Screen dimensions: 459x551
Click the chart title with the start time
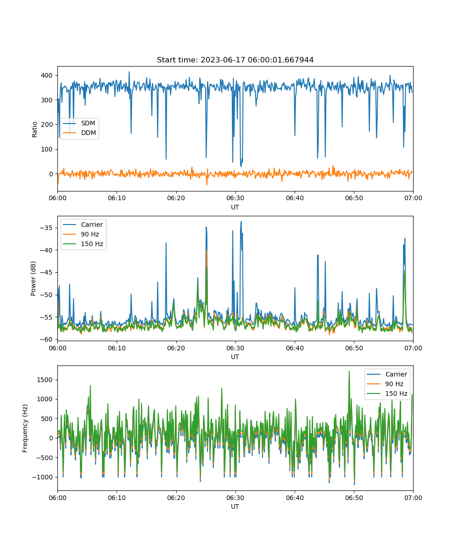point(235,60)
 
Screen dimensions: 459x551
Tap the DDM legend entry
point(79,133)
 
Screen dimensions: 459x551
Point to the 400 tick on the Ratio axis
point(46,75)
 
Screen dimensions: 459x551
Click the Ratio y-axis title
point(34,129)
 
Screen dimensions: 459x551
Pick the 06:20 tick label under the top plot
point(176,198)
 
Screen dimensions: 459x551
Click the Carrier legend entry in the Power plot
point(83,225)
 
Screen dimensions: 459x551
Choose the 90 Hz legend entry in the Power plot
point(81,234)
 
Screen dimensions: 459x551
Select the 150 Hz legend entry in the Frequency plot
point(387,394)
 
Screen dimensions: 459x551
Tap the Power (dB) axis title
point(33,279)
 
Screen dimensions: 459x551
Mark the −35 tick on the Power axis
point(46,228)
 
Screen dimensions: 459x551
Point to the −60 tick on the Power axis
point(46,340)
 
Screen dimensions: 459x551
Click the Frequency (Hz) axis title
point(25,428)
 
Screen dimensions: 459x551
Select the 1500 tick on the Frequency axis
point(45,380)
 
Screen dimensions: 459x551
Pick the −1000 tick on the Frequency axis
point(43,477)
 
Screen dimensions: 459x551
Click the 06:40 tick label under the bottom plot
point(295,498)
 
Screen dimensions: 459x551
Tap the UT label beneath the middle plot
point(235,357)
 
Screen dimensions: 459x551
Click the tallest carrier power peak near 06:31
point(241,222)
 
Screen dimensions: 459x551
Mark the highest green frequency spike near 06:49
point(349,371)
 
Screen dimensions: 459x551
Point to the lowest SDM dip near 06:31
point(241,166)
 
